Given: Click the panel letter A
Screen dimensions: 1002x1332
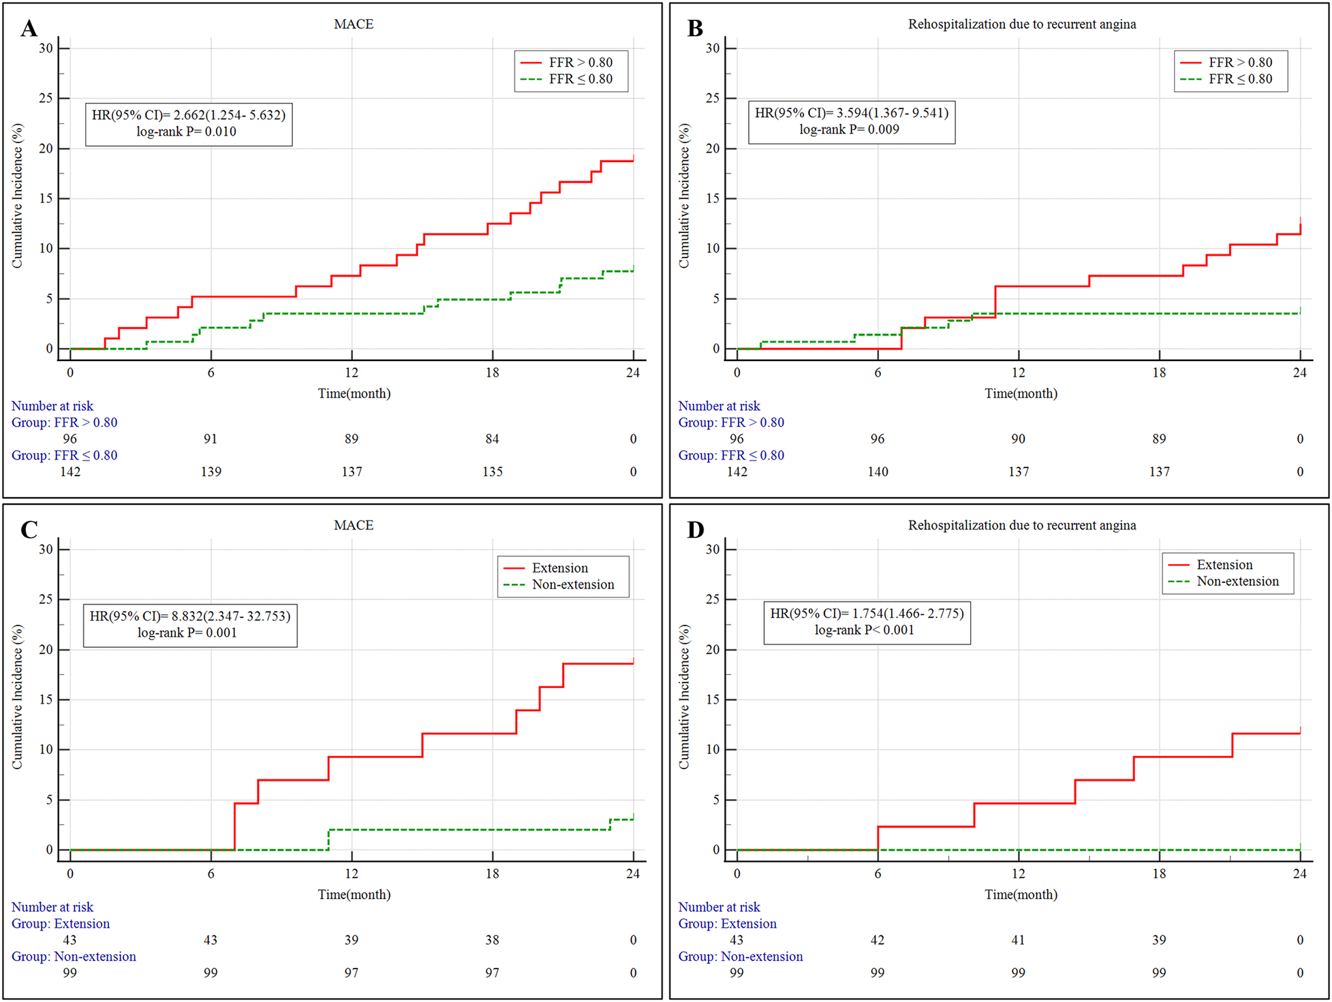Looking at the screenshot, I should (29, 28).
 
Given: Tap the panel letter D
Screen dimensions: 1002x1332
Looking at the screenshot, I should (695, 529).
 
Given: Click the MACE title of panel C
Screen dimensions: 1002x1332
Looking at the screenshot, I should (354, 525).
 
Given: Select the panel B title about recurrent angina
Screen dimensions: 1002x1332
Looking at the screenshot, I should (1021, 24).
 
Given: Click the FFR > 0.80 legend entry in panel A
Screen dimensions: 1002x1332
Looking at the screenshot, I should (580, 62).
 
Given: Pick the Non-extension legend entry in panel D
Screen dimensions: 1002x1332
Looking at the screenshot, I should (1237, 581).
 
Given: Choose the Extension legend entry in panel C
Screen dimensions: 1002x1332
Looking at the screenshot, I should (559, 567).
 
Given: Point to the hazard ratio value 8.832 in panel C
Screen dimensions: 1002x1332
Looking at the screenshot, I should (187, 616).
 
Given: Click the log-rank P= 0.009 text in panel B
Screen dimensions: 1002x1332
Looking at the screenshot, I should (849, 129).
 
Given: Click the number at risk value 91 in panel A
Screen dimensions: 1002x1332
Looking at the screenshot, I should (211, 439).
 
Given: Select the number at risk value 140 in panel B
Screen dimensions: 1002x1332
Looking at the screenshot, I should (878, 471).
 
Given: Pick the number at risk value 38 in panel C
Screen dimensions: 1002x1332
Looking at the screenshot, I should (492, 940).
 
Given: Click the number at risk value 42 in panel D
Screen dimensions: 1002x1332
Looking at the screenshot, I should (878, 940).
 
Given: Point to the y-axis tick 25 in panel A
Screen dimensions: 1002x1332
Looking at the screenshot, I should (45, 98).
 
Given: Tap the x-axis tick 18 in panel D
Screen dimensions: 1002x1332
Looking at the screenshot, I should (1159, 873).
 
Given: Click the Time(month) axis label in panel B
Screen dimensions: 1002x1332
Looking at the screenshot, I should (1021, 393).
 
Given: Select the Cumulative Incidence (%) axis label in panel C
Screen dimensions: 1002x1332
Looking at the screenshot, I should (17, 697).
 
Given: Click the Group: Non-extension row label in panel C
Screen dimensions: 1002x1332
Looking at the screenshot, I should (74, 956).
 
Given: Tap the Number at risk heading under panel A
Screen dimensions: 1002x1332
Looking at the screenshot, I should (52, 406).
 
